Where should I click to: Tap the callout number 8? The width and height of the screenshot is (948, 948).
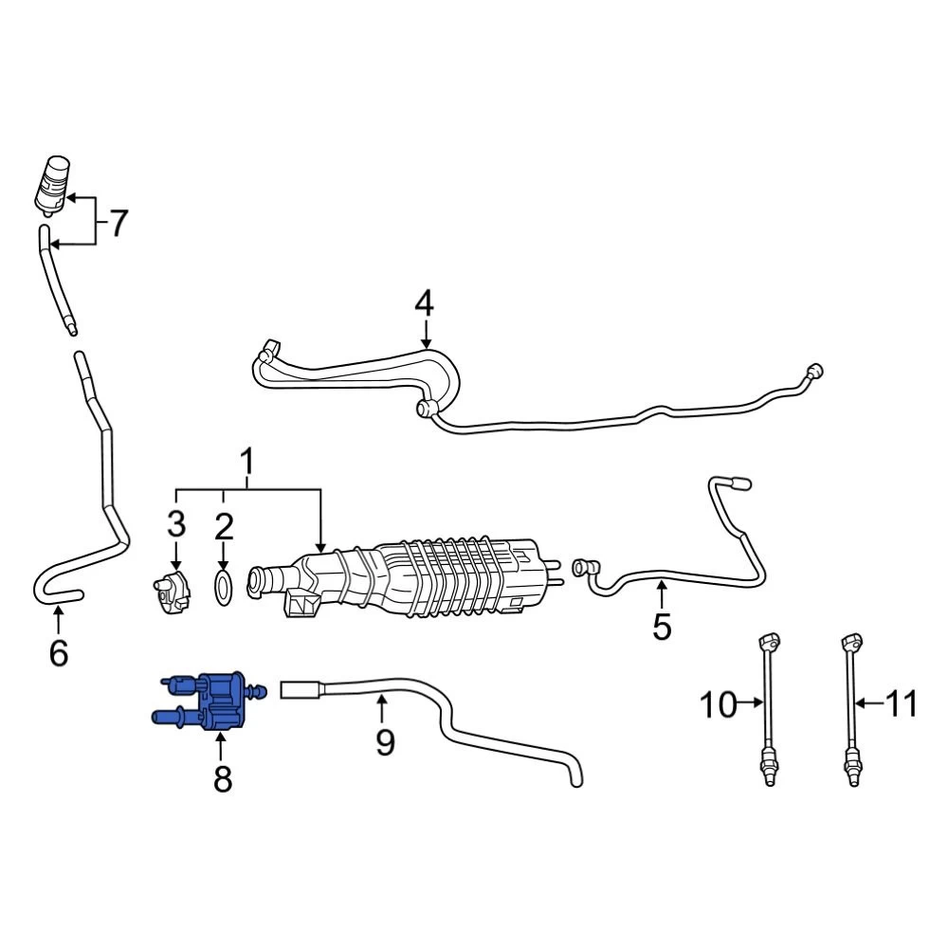tap(223, 778)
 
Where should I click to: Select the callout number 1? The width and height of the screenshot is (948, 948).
tap(247, 463)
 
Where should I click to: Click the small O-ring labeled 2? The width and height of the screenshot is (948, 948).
tap(224, 586)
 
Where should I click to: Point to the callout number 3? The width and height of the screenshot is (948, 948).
tap(176, 524)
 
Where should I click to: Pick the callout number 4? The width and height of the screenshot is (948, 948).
tap(425, 303)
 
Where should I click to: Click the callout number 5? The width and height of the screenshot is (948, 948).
tap(662, 627)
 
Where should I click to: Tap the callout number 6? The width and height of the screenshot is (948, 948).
tap(58, 653)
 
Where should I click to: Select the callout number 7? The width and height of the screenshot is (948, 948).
tap(118, 223)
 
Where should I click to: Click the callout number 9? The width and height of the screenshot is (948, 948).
tap(385, 742)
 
